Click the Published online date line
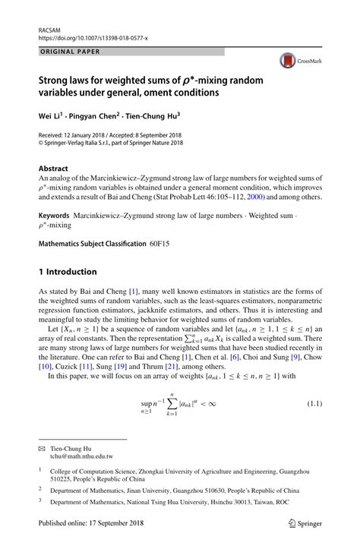point(84,531)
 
